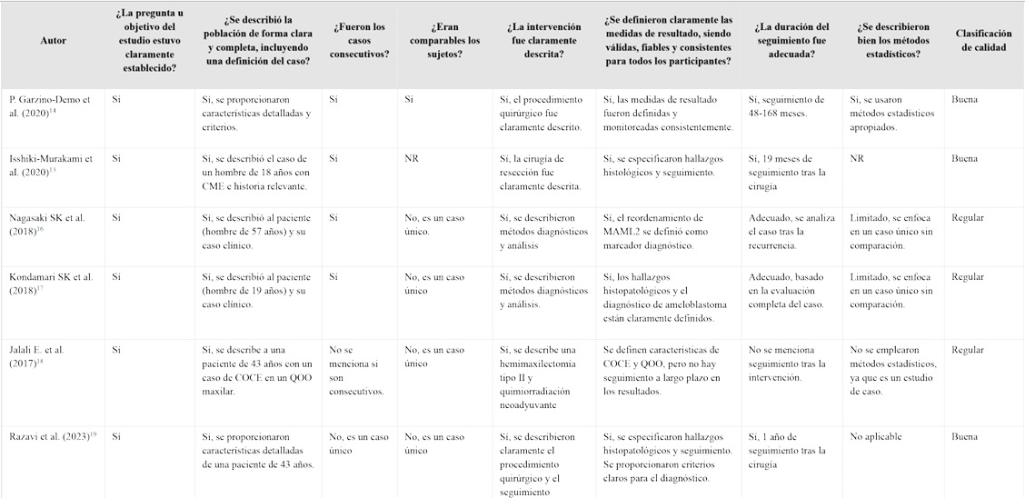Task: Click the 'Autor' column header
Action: click(x=54, y=40)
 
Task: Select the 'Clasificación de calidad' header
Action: click(x=980, y=40)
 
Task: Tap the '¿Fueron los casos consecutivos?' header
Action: click(x=361, y=40)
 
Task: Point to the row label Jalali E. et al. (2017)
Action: click(x=36, y=355)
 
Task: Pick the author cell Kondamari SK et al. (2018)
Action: click(x=51, y=283)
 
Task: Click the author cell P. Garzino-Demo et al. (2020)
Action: click(x=51, y=105)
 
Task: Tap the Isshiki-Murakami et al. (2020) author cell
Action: click(x=51, y=164)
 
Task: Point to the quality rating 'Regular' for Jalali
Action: click(x=968, y=350)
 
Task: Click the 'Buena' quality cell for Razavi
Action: click(x=965, y=437)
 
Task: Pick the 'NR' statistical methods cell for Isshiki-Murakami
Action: click(x=856, y=159)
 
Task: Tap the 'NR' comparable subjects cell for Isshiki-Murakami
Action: click(x=411, y=159)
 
